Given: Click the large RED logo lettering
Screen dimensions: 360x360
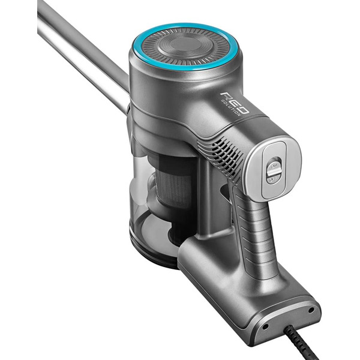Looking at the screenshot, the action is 235,103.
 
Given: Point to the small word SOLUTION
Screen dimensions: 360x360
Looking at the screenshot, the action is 230,107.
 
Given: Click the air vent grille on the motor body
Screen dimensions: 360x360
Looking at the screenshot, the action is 220,158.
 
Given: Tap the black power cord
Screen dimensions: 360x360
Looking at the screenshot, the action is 301,343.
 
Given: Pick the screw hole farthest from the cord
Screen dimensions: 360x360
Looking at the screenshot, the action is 311,310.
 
